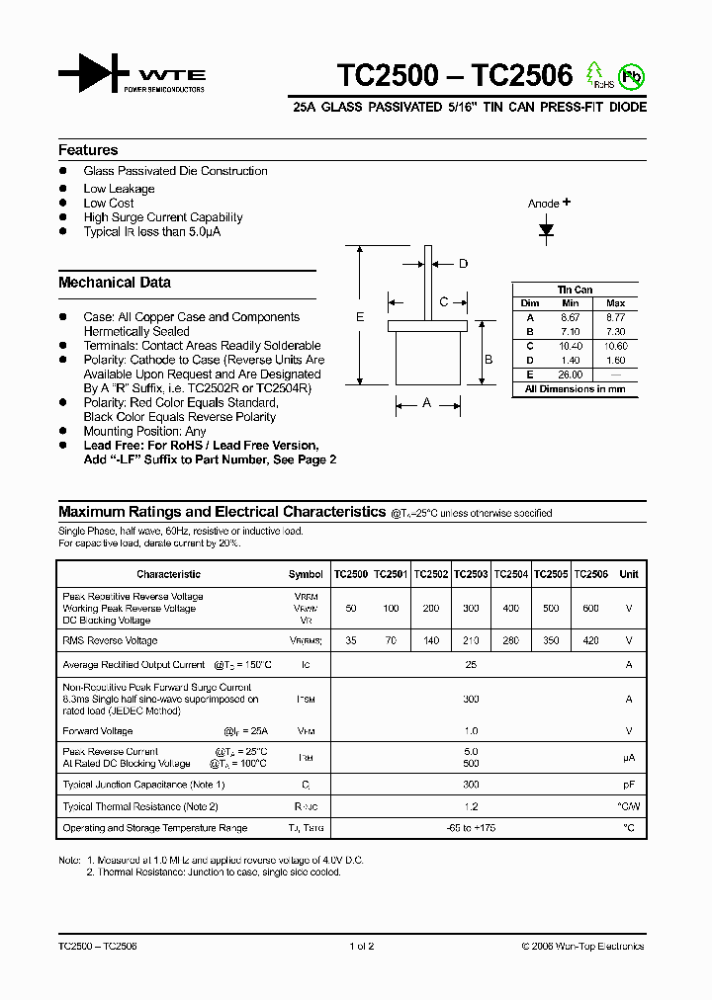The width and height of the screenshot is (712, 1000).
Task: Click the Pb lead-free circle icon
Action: (630, 75)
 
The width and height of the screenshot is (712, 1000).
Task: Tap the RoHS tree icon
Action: (595, 74)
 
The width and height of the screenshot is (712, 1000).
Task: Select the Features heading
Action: (88, 150)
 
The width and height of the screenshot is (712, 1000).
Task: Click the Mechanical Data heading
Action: (115, 283)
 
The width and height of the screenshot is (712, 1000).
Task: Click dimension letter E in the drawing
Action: (360, 316)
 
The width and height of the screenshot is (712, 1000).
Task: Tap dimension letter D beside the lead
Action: (463, 263)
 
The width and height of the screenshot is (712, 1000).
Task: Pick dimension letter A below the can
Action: (427, 402)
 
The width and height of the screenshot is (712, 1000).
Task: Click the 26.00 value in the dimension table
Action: (570, 375)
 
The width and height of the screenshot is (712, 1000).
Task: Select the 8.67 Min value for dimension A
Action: (570, 317)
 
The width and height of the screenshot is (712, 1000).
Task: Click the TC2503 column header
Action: (471, 574)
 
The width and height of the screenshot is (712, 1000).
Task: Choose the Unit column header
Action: (628, 574)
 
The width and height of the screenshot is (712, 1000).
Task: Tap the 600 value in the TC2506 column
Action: (590, 609)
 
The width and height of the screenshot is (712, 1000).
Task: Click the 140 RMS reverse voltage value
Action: (431, 640)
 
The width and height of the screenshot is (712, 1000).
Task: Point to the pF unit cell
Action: (628, 785)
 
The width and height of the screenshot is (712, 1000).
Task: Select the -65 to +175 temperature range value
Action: (471, 828)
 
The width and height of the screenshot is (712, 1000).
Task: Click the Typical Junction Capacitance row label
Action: (144, 785)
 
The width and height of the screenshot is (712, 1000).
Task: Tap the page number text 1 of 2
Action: (362, 947)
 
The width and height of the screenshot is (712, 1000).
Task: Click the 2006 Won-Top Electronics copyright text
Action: (582, 947)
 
